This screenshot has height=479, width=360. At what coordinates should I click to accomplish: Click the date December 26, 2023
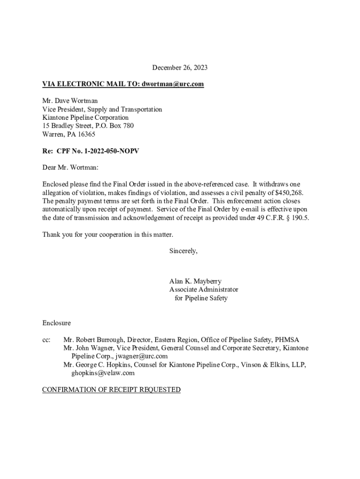(x=180, y=68)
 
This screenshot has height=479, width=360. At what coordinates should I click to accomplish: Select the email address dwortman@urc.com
(x=172, y=84)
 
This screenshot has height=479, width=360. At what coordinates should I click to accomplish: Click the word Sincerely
(x=183, y=251)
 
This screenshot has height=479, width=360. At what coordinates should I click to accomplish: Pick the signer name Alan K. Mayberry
(x=195, y=281)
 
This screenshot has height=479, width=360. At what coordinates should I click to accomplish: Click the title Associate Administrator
(x=203, y=290)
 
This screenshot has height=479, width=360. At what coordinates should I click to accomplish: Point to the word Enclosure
(x=57, y=323)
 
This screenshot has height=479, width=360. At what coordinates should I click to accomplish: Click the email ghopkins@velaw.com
(x=103, y=373)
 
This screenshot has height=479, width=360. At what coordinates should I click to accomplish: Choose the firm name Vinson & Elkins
(x=269, y=365)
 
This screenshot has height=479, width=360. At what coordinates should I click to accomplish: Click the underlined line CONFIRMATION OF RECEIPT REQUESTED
(x=111, y=390)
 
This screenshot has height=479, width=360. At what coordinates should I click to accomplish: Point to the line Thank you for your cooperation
(x=108, y=234)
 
